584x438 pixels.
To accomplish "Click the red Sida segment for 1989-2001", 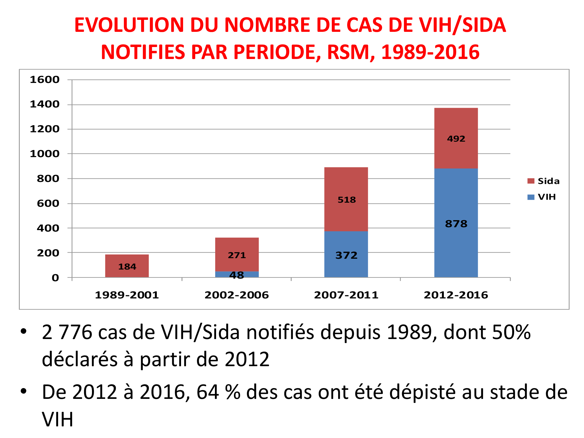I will click(127, 260).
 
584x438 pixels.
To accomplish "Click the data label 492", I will click(456, 139).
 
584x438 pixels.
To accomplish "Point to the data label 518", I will click(347, 200).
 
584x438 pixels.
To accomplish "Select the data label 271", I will click(237, 255).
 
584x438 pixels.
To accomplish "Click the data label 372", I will click(346, 255).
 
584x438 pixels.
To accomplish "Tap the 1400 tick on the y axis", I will click(45, 104).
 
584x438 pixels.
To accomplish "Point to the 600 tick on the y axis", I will click(48, 203).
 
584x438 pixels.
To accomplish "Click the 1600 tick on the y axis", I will click(45, 79).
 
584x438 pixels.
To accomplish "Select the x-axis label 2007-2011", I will click(346, 295).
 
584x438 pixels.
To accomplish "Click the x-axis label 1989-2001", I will click(127, 295).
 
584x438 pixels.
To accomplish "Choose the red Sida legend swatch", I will click(531, 181).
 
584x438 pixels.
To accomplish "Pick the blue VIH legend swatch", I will click(531, 197).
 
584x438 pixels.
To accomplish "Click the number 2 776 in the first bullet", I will click(67, 332).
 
